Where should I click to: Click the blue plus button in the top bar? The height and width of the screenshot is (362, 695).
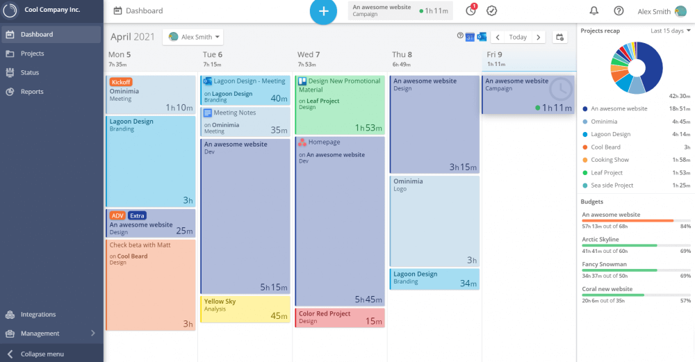pos(323,11)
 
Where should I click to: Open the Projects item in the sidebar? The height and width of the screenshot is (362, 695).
pos(32,54)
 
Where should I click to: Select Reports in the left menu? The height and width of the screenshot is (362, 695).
pos(32,92)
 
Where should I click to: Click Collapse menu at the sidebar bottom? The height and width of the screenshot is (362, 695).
pos(42,354)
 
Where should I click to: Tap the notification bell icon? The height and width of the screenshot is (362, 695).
pos(594,11)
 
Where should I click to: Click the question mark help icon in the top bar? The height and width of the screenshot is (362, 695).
pos(619,11)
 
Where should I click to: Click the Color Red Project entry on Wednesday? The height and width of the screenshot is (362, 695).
pos(339,318)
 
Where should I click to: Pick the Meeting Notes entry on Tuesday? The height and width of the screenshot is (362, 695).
pos(245,122)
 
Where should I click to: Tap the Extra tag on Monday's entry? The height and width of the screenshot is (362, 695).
pos(137,215)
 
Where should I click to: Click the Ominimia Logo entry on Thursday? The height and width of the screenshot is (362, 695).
pos(434,220)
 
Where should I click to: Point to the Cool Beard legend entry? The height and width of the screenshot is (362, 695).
pos(605,147)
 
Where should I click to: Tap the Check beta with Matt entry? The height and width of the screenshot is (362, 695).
pos(151,285)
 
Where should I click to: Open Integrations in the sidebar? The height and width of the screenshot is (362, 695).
pos(38,315)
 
